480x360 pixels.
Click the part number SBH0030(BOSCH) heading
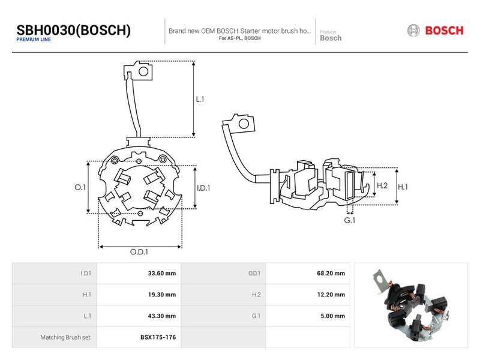click(73, 31)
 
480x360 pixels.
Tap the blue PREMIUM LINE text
click(34, 40)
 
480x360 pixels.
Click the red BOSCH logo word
click(444, 31)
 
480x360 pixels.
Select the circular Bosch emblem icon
click(413, 31)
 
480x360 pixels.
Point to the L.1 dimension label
click(200, 99)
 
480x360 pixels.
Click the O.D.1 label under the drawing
click(139, 251)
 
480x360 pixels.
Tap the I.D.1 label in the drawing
click(203, 188)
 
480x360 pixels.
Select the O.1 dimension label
click(80, 187)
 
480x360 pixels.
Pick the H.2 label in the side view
click(382, 185)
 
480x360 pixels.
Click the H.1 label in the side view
click(403, 187)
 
